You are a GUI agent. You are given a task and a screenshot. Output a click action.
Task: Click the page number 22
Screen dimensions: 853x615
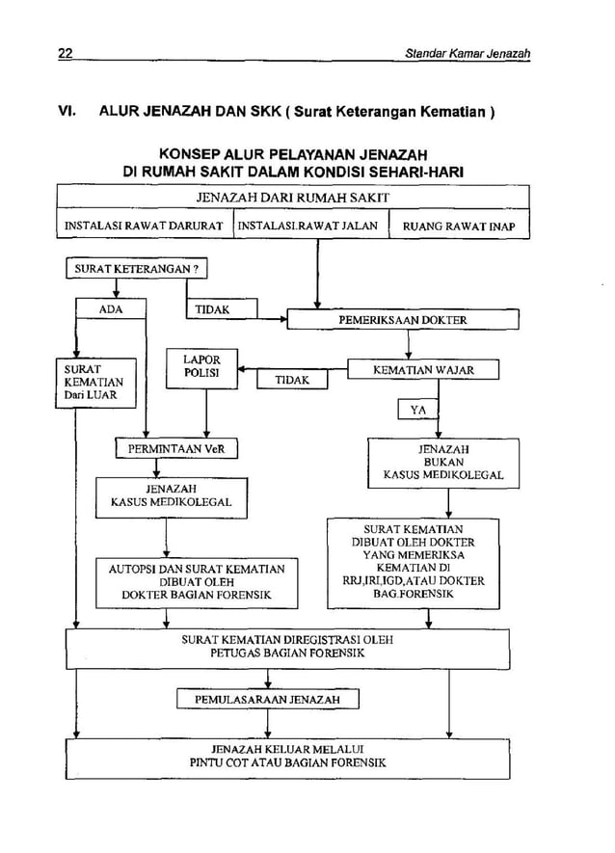pyautogui.click(x=66, y=52)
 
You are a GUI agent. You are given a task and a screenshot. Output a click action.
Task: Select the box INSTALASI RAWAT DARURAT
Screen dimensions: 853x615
pyautogui.click(x=144, y=228)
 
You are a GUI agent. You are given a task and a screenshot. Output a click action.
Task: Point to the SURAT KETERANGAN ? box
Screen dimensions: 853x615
pyautogui.click(x=136, y=270)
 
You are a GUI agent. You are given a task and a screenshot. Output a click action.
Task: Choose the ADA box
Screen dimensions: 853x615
pyautogui.click(x=112, y=309)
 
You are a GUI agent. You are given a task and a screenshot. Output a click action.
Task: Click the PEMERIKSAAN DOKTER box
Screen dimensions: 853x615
pyautogui.click(x=404, y=319)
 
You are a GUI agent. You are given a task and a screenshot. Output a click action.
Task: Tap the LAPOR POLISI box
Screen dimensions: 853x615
pyautogui.click(x=201, y=368)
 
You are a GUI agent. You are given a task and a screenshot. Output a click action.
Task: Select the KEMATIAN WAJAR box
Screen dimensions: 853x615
pyautogui.click(x=423, y=369)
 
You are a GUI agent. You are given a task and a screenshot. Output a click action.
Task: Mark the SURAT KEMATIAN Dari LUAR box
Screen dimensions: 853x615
pyautogui.click(x=93, y=382)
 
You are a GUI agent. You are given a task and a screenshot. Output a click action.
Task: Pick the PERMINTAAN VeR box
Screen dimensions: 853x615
pyautogui.click(x=175, y=448)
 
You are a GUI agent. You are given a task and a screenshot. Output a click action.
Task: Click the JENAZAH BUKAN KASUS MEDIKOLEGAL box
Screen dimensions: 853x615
pyautogui.click(x=442, y=462)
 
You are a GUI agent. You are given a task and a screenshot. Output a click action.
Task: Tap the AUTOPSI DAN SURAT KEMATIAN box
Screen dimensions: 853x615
pyautogui.click(x=196, y=581)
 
